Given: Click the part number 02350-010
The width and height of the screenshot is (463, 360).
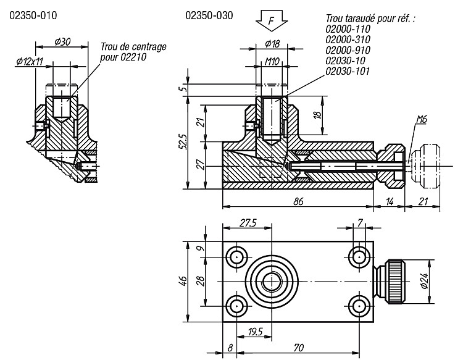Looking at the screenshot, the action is point(33,15).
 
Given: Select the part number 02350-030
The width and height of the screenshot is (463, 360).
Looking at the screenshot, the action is point(209,15).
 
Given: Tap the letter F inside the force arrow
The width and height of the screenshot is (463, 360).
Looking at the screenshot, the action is point(272,20).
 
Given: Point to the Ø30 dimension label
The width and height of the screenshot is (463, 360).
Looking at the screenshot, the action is point(62,41).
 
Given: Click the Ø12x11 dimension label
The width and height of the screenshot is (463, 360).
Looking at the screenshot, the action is point(30,61).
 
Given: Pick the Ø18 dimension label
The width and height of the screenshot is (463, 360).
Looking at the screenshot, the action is point(272,44).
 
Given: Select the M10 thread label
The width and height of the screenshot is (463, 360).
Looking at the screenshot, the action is point(272,61).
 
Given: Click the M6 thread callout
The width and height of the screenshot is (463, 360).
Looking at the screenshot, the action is point(422,119).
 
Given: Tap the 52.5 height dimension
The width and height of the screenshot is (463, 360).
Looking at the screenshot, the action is point(183,142).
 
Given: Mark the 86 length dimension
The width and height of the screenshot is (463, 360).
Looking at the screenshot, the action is point(298,201).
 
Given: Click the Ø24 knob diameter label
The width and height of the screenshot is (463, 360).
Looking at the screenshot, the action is point(424,281).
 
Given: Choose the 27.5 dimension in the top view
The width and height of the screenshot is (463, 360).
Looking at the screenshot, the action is point(248,223).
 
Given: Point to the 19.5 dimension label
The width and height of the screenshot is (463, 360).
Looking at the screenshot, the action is point(256,332).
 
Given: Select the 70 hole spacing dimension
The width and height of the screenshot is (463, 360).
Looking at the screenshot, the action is point(299,348).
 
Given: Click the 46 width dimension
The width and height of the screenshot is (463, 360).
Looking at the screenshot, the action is point(183,281).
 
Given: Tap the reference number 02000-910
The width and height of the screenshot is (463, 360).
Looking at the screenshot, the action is point(348,50).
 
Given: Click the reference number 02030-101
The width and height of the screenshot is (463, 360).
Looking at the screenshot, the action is point(348,72).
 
